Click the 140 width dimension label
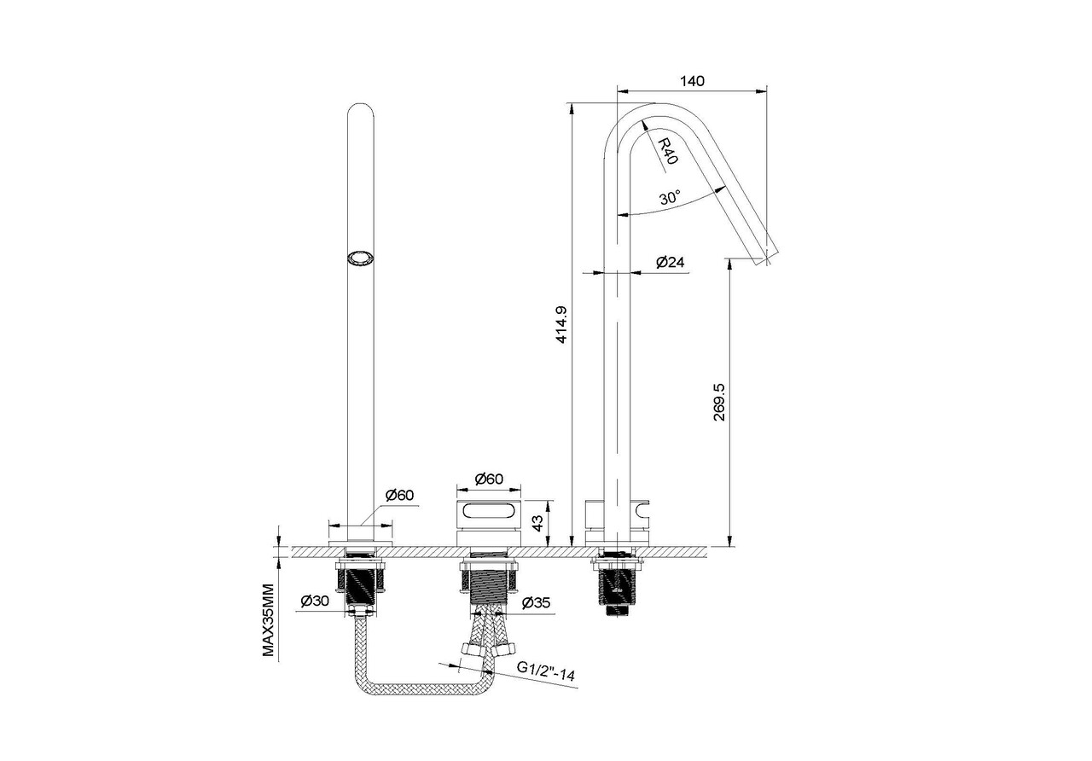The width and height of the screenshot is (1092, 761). tap(692, 80)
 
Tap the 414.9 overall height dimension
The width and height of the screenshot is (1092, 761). tap(561, 325)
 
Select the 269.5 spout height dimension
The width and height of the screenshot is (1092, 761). tap(719, 402)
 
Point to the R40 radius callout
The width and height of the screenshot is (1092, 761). tap(667, 151)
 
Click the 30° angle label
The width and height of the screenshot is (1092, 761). tap(671, 198)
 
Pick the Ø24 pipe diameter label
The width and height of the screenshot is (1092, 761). tap(671, 262)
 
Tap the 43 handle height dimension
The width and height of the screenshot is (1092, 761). tap(537, 524)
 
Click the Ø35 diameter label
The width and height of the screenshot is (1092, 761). tap(536, 603)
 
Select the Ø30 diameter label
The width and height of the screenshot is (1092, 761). tap(315, 601)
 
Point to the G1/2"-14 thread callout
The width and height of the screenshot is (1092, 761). tap(546, 671)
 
